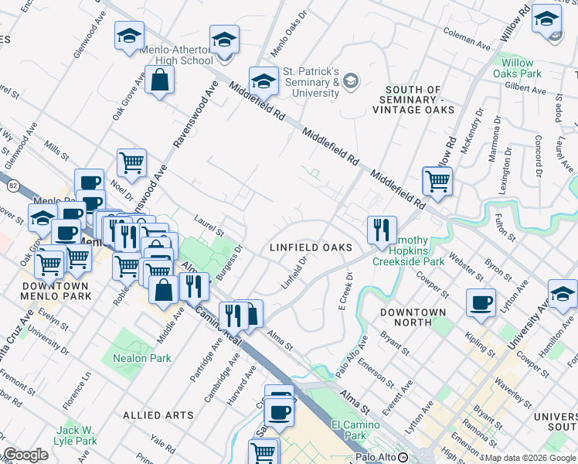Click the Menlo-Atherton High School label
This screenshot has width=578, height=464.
(176, 55)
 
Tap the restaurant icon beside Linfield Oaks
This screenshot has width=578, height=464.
(382, 230)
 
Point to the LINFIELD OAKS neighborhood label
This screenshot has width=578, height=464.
(311, 247)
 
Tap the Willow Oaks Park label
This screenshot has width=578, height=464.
(517, 68)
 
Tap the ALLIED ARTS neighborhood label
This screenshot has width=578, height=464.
(158, 415)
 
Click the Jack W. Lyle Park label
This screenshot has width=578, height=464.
(76, 435)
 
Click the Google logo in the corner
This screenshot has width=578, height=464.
(25, 455)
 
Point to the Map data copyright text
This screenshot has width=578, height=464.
(530, 458)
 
